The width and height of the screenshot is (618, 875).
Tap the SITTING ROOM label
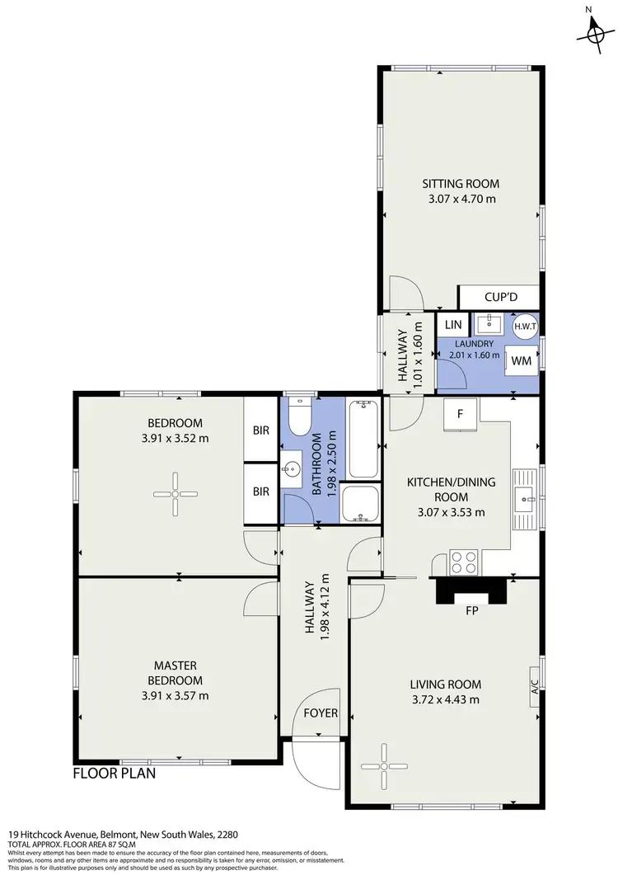pos(461,184)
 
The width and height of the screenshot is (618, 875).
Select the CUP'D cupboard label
pos(498,296)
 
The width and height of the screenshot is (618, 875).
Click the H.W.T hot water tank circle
pos(525,326)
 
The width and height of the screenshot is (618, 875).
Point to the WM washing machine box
pos(520,360)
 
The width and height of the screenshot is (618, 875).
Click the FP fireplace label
pos(473,612)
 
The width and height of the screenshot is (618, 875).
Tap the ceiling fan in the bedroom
pos(176,495)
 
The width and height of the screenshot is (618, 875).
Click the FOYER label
pos(321,713)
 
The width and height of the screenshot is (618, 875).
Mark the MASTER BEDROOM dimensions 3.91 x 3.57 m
pos(175,695)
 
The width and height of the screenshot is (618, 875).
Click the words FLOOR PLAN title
pos(114,774)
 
